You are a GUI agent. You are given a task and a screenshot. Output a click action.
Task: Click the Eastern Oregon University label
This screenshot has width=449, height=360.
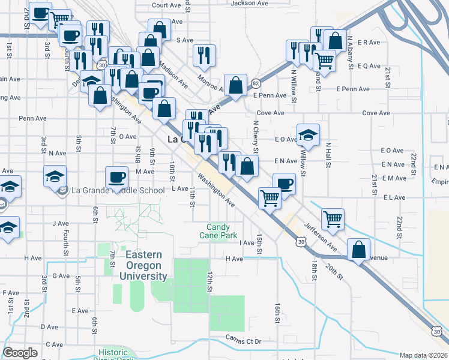tap(146, 265)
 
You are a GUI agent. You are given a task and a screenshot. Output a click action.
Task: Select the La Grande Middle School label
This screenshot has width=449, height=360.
tap(118, 191)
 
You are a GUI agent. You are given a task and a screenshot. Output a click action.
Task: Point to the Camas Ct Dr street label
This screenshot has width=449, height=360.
tap(241, 340)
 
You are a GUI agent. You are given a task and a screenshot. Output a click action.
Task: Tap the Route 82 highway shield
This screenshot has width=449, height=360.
tap(256, 83)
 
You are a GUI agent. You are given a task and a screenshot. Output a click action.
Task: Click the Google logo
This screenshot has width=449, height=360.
tap(20, 353)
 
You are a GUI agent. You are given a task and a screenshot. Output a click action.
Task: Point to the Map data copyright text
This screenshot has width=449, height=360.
tap(424, 355)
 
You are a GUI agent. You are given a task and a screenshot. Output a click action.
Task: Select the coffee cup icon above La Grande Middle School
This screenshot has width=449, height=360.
tap(117, 176)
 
